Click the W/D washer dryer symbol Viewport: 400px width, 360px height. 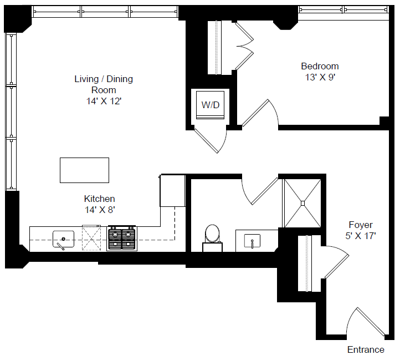pyautogui.click(x=210, y=105)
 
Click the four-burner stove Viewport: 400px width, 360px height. pyautogui.click(x=121, y=237)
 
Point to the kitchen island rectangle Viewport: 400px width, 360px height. pyautogui.click(x=84, y=170)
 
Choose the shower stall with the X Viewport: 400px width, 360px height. pyautogui.click(x=302, y=203)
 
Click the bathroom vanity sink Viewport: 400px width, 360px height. pyautogui.click(x=252, y=241)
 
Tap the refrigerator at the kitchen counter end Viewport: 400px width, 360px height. pyautogui.click(x=172, y=190)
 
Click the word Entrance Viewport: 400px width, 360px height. pyautogui.click(x=365, y=349)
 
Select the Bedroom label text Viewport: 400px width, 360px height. pyautogui.click(x=316, y=66)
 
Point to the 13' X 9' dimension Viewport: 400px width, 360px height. pyautogui.click(x=316, y=78)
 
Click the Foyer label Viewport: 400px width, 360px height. pyautogui.click(x=360, y=225)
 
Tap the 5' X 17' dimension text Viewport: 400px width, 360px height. pyautogui.click(x=360, y=236)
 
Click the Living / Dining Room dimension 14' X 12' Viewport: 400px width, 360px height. pyautogui.click(x=104, y=101)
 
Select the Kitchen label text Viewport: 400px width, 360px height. pyautogui.click(x=99, y=199)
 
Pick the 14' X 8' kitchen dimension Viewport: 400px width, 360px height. pyautogui.click(x=99, y=210)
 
